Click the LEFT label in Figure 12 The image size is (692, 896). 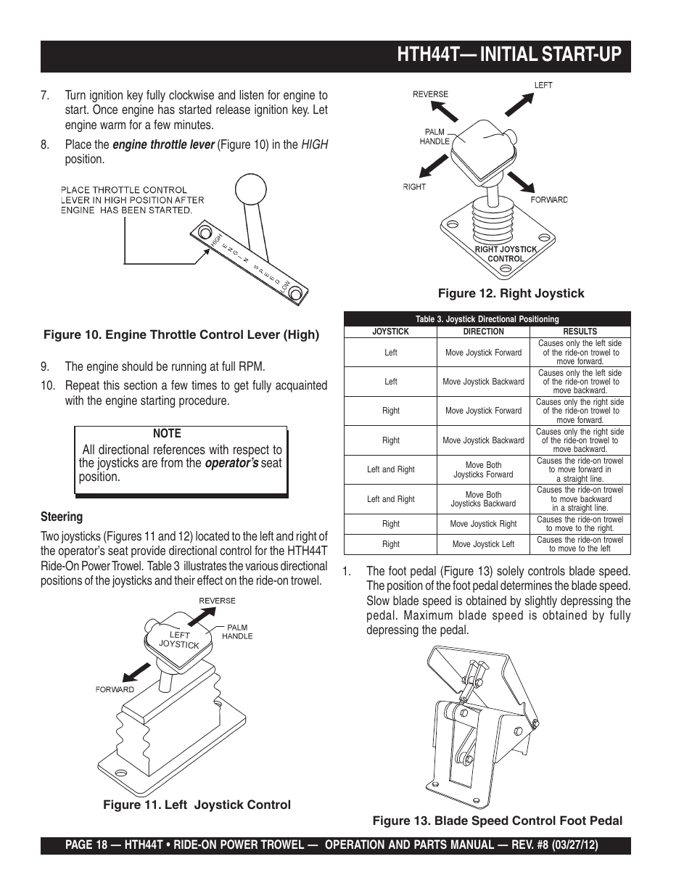click(543, 86)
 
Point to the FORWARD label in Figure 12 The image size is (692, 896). click(549, 200)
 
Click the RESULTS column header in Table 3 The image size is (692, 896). click(580, 332)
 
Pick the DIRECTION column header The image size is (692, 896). click(483, 332)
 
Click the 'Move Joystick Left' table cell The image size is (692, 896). click(483, 544)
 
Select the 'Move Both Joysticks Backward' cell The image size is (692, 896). click(483, 499)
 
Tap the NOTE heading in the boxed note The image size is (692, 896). click(167, 433)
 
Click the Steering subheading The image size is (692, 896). click(62, 517)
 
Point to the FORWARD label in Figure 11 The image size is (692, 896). click(115, 689)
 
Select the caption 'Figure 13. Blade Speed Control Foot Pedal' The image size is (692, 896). click(498, 821)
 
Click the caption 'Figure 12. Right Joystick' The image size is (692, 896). click(510, 293)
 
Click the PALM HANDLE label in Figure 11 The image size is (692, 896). click(237, 631)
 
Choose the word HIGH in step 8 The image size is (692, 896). click(315, 144)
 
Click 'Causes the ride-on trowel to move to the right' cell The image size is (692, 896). click(580, 524)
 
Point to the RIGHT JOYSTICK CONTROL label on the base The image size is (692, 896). click(506, 254)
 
